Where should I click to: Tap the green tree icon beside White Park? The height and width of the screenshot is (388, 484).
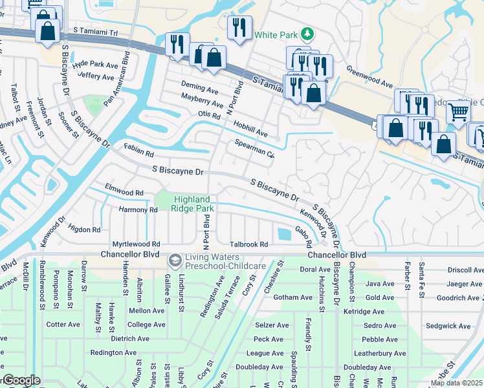309,34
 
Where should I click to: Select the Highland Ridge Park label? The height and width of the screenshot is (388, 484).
192,204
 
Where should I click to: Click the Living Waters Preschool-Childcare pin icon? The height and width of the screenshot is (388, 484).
175,260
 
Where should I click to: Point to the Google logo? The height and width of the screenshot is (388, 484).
21,381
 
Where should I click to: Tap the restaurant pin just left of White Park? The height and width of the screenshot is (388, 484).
239,28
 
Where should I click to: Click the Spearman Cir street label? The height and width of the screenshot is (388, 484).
255,149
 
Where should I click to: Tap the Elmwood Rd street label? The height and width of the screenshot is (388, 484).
124,193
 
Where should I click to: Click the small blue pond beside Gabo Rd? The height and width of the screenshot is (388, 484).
283,233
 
